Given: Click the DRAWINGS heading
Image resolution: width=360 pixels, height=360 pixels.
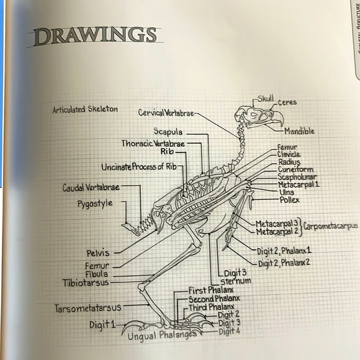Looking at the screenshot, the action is pyautogui.click(x=95, y=37).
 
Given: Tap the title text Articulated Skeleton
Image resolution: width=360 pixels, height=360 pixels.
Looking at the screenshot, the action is pyautogui.click(x=85, y=109).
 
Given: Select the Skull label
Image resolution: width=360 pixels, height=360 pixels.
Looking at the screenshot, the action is pyautogui.click(x=266, y=99).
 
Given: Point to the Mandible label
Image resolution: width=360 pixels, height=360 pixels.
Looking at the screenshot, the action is pyautogui.click(x=299, y=131).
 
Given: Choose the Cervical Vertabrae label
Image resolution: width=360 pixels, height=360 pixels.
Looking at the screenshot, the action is pyautogui.click(x=166, y=113).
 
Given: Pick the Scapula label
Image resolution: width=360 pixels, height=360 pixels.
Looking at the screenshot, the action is pyautogui.click(x=168, y=132).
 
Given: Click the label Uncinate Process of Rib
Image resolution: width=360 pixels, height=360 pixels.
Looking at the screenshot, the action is pyautogui.click(x=139, y=167).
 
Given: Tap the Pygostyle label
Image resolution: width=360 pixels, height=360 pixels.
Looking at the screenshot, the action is pyautogui.click(x=95, y=204).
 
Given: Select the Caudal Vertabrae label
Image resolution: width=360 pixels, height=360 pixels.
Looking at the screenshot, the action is pyautogui.click(x=91, y=187).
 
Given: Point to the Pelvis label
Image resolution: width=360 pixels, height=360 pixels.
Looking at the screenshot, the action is pyautogui.click(x=98, y=253).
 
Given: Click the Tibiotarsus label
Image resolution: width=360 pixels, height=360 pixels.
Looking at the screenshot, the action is pyautogui.click(x=86, y=282).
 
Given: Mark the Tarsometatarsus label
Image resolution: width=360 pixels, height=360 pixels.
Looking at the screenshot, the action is pyautogui.click(x=88, y=308).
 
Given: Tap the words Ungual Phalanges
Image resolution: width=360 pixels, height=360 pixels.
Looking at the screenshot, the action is pyautogui.click(x=162, y=335).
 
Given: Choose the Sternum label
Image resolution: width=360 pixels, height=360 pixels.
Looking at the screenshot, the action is pyautogui.click(x=236, y=281).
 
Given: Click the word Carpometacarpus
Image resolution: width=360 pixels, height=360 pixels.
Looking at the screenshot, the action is pyautogui.click(x=330, y=226).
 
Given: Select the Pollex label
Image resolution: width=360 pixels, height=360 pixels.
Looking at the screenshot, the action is pyautogui.click(x=289, y=200).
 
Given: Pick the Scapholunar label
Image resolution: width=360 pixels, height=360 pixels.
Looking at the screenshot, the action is pyautogui.click(x=297, y=177).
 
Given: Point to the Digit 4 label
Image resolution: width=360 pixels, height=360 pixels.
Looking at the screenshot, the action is pyautogui.click(x=230, y=331).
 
